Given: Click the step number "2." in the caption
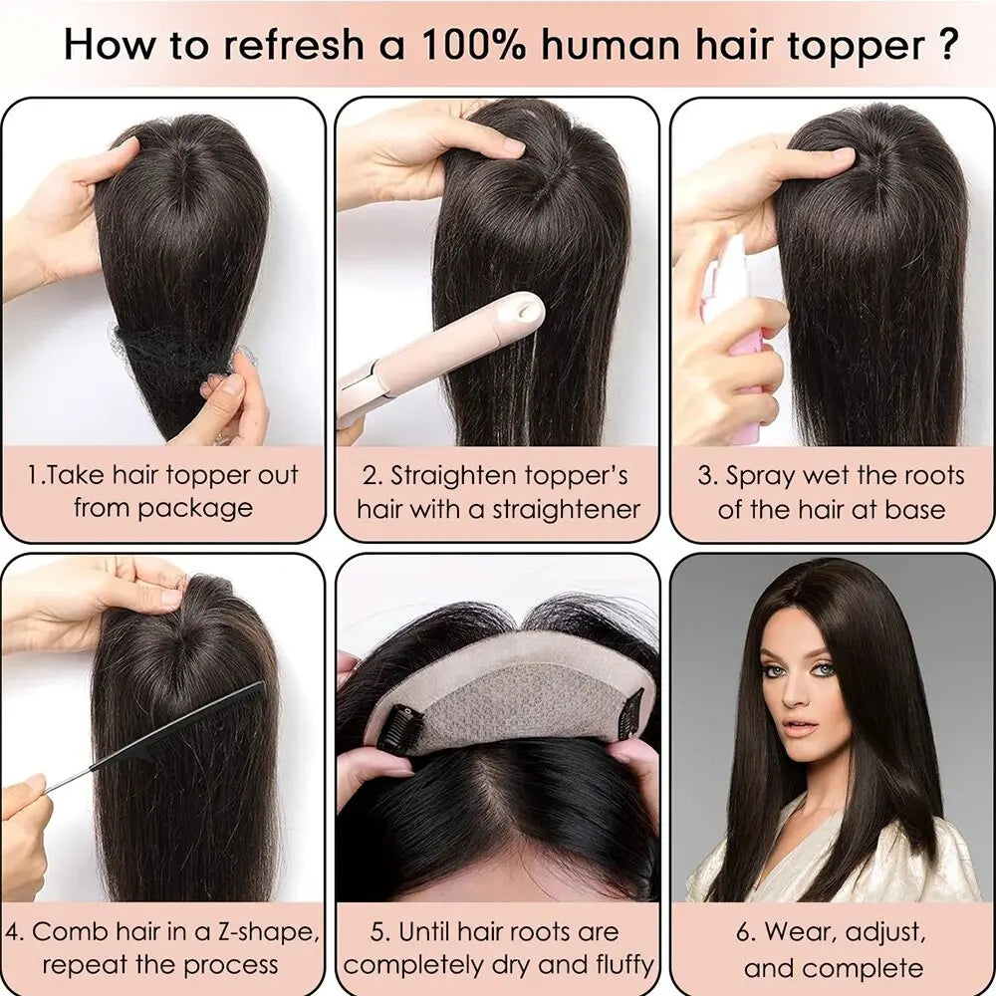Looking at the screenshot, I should coord(371,475).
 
